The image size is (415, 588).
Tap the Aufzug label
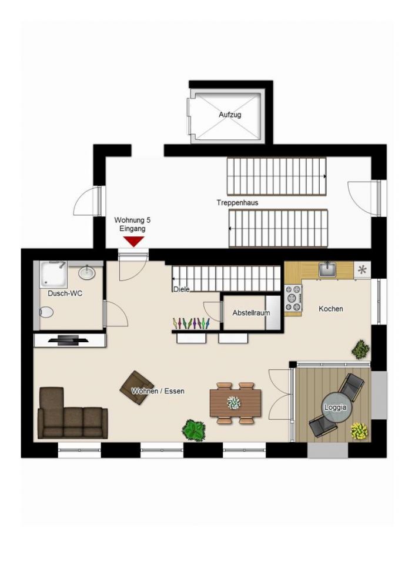tap(230, 115)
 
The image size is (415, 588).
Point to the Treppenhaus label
tap(237, 202)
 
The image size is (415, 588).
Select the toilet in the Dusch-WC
tap(46, 312)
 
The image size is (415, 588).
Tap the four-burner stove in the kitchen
tap(293, 298)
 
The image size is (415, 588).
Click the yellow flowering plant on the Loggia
tap(359, 431)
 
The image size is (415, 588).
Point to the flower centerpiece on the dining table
tap(235, 403)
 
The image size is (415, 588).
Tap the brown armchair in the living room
tap(137, 387)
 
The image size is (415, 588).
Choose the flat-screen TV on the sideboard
tap(69, 340)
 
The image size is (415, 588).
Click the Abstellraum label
tap(251, 313)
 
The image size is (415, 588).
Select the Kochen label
tap(331, 309)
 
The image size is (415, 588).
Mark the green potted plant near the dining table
tap(193, 430)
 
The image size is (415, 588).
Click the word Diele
tap(182, 289)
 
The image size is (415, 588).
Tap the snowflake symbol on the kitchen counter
tap(362, 269)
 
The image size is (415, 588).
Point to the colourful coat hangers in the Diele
tap(191, 323)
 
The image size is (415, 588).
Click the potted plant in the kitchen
tap(361, 349)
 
